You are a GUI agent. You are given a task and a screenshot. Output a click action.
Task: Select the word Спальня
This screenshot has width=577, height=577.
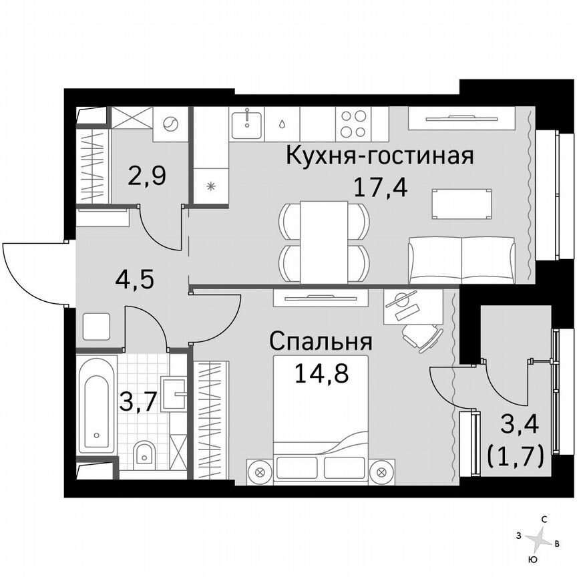pos(320,342)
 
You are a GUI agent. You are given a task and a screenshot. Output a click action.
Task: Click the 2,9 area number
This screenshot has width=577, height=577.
pos(147,177)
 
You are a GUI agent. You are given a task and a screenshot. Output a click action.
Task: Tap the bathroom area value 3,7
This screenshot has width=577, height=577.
pos(138,403)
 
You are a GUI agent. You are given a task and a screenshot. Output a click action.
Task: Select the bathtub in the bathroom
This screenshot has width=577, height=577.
pos(97,405)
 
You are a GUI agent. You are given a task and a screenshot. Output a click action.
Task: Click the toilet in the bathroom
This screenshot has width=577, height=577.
pos(144,454)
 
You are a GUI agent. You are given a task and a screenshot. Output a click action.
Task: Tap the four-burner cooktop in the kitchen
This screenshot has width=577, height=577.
pos(355,124)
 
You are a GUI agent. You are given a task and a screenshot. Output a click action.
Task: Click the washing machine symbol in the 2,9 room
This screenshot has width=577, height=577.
pos(170,124)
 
